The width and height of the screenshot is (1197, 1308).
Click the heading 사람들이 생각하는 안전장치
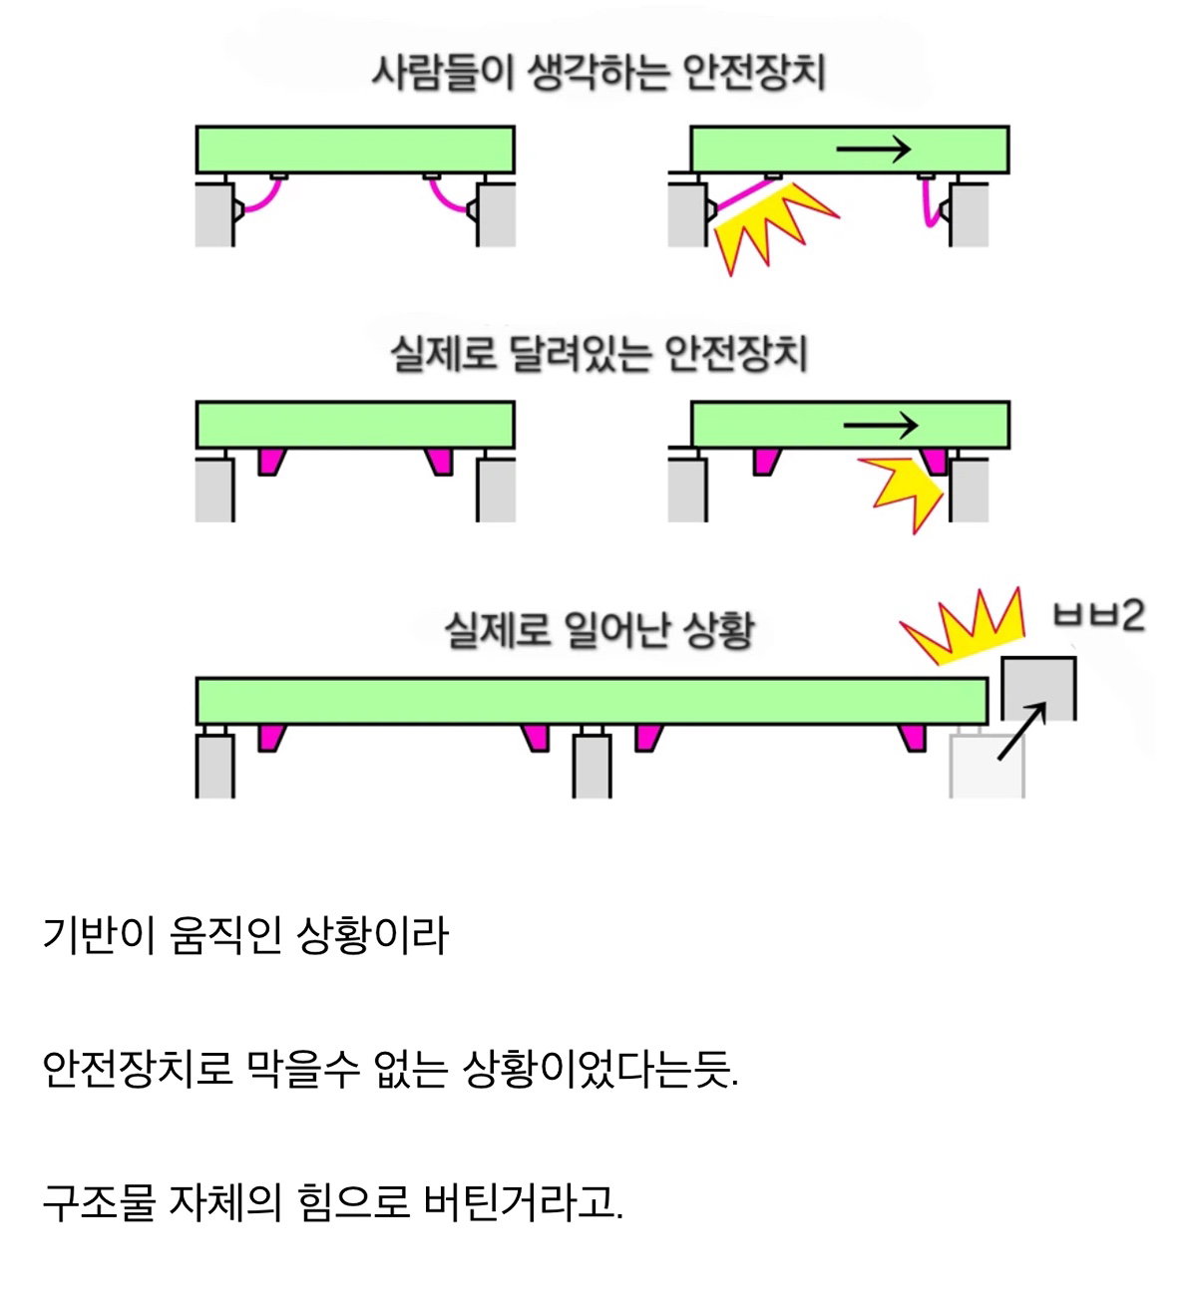tap(598, 72)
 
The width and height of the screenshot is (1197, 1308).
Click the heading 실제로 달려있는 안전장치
tap(599, 353)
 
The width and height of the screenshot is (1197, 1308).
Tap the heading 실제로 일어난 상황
tap(599, 630)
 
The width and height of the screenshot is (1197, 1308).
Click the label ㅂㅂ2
tap(1098, 614)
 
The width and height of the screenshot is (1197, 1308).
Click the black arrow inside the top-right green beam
tap(873, 150)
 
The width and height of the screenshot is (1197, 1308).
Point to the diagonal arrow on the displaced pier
tap(1022, 731)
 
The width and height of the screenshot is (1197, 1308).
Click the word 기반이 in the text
tap(99, 935)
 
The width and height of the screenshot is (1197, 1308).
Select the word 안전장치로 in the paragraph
tap(138, 1068)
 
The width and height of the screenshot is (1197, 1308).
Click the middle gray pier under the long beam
tap(592, 766)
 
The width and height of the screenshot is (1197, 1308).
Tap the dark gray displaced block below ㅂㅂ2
tap(1038, 689)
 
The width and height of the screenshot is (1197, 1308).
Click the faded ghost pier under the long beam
tap(987, 765)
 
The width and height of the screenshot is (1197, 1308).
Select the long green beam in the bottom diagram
tap(592, 701)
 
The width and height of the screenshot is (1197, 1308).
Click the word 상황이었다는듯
tap(599, 1068)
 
